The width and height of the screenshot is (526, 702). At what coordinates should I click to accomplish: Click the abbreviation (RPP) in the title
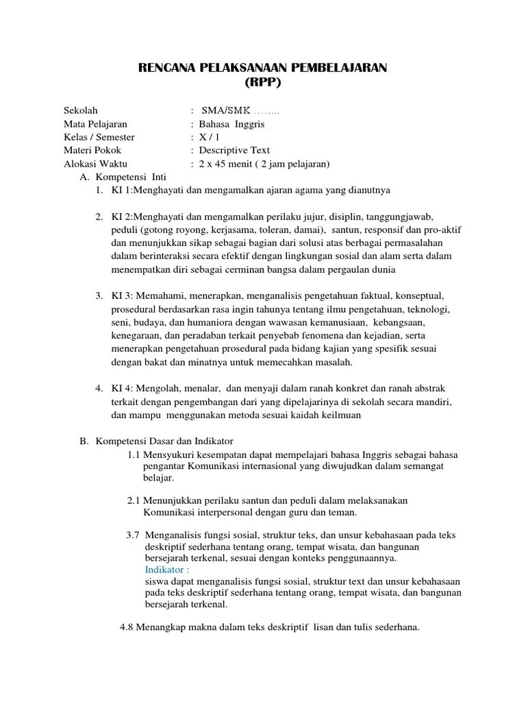coord(263,83)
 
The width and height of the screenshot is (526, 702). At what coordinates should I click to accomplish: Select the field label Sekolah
coord(81,110)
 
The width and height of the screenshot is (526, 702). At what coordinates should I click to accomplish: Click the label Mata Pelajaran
coord(95,124)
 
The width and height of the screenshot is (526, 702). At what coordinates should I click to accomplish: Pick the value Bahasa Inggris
coord(231,124)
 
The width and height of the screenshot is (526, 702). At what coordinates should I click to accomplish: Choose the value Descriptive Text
coord(234,150)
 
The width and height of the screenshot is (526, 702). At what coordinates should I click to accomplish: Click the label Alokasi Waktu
coord(95,164)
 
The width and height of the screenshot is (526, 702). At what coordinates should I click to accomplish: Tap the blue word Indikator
coord(167,570)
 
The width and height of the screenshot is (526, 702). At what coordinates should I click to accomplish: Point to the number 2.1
coord(136,500)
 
